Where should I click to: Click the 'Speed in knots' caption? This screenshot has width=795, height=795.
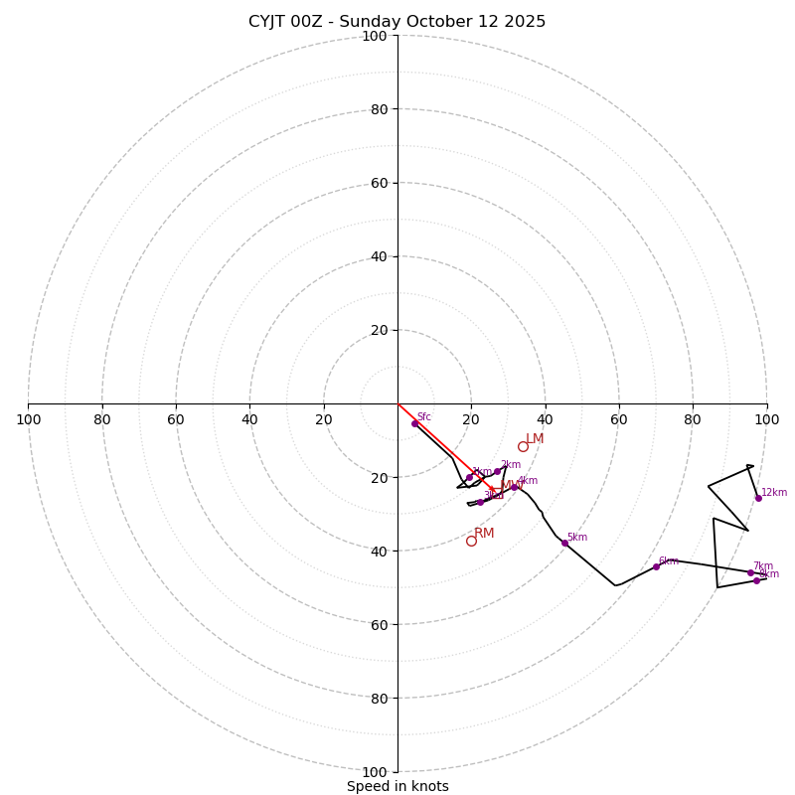tap(397, 786)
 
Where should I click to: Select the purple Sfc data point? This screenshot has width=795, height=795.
tap(414, 423)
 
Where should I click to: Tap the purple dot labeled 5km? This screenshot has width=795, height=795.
tap(564, 543)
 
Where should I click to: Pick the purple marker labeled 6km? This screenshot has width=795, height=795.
tap(656, 566)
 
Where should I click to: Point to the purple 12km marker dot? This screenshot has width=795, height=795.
tap(758, 498)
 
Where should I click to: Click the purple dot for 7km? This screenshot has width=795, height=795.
tap(750, 572)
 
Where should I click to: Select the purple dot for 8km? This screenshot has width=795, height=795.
tap(756, 580)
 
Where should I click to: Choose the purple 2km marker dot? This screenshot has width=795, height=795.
tap(497, 471)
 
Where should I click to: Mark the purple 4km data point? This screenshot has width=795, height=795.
tap(514, 487)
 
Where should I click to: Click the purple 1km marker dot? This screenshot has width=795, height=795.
tap(469, 478)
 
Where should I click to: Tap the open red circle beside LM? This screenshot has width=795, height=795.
tap(523, 446)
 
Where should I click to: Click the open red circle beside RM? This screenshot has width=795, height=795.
tap(471, 541)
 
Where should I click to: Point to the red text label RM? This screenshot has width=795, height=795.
tap(484, 534)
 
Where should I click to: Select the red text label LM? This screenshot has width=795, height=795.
tap(535, 439)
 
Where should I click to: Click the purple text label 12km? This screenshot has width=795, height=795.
tap(774, 492)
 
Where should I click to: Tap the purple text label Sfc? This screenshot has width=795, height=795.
tap(424, 417)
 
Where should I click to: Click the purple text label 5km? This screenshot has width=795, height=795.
tap(577, 538)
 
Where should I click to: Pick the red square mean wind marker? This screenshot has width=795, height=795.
tap(492, 488)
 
